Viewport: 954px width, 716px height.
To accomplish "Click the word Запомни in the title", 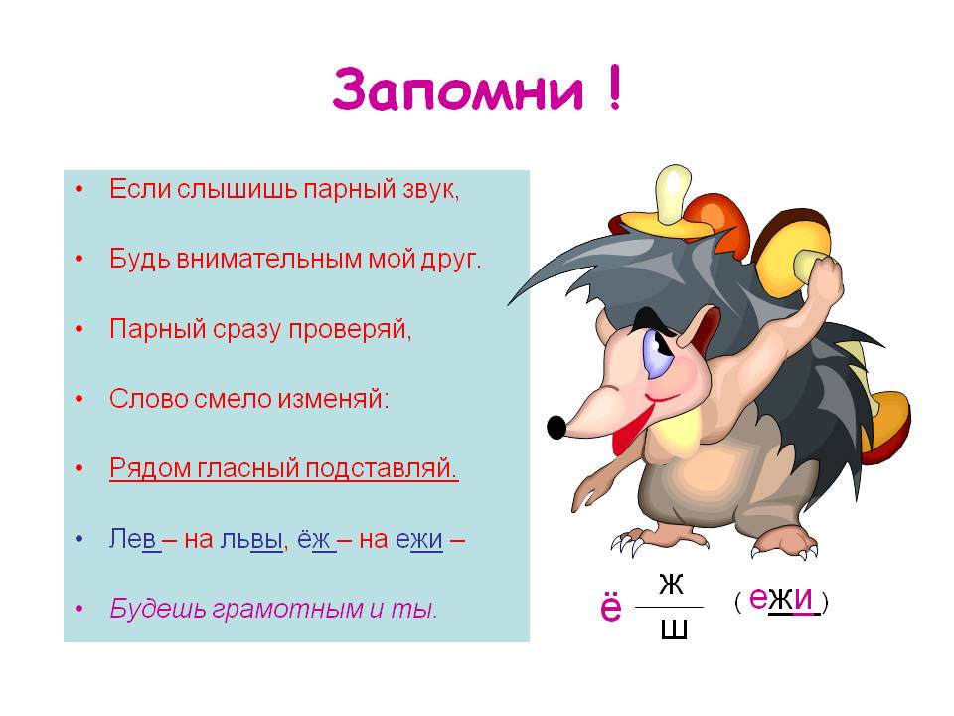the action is (457, 89).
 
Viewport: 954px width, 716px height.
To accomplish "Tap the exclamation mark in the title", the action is (614, 88).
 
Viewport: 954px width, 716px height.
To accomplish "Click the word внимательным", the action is (269, 259).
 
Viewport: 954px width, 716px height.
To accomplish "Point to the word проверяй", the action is (350, 330).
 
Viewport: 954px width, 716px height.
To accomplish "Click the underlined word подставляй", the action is (382, 468).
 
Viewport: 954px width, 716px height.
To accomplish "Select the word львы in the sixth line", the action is (251, 539).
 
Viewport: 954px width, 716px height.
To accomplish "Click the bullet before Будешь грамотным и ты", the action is (79, 609).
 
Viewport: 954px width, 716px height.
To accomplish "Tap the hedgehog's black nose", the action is (556, 427).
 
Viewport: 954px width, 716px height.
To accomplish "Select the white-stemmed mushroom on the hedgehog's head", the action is (668, 207).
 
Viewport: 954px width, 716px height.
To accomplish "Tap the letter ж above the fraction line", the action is (671, 584).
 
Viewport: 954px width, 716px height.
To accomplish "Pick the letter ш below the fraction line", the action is (674, 630).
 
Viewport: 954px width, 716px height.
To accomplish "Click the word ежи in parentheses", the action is (781, 598).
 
